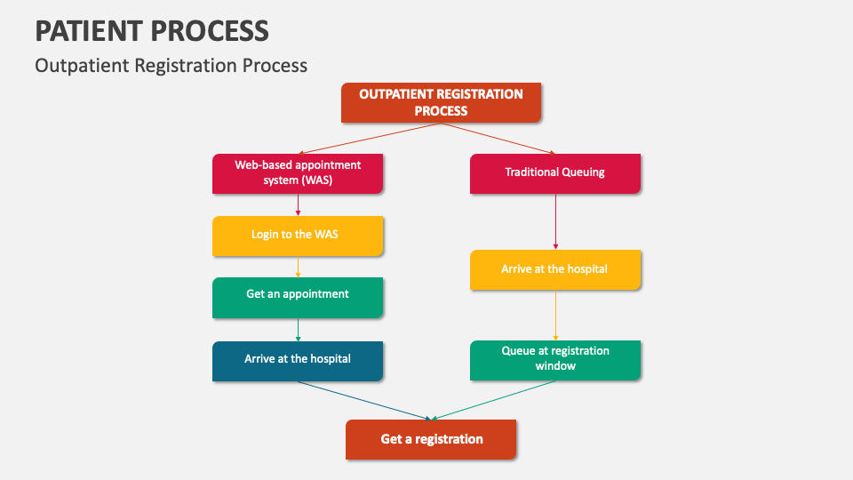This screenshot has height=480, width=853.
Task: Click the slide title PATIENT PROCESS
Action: point(152,31)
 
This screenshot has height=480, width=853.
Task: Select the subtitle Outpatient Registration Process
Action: point(171,65)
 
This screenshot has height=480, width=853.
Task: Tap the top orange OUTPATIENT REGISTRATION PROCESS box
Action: point(441,102)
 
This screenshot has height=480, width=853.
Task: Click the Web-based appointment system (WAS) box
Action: point(298,172)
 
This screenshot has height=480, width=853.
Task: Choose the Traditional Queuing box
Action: point(554,172)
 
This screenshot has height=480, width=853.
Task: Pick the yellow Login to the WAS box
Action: point(298,235)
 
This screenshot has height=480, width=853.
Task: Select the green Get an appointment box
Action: point(298,297)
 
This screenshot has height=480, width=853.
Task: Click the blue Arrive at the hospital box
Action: point(298,360)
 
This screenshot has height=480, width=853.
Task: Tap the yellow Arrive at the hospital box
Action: point(554,269)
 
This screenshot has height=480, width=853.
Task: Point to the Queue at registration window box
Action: point(554,359)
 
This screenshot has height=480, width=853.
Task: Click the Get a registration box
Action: point(431,439)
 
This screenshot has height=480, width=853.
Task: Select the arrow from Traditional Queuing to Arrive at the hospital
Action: point(555,221)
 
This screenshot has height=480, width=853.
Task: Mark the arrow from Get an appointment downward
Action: point(298,330)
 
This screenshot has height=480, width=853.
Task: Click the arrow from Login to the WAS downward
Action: point(298,268)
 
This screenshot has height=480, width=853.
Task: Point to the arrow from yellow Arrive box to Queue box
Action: point(555,316)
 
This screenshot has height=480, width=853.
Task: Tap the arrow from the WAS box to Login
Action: point(298,205)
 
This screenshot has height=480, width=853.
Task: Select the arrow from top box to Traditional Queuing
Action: point(498,139)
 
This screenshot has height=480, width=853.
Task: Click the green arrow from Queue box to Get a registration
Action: point(493,400)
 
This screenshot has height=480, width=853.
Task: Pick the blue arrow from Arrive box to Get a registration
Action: point(364,400)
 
